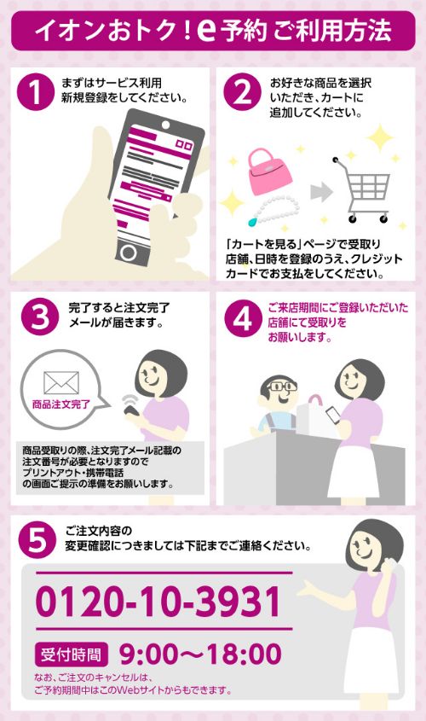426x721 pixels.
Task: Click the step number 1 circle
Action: [x=35, y=92]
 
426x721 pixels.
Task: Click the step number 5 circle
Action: [x=37, y=540]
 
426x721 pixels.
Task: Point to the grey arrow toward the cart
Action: [x=321, y=192]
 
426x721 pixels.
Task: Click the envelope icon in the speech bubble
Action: [x=61, y=383]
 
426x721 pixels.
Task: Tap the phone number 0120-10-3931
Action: [x=158, y=602]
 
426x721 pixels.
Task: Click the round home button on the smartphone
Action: [x=129, y=253]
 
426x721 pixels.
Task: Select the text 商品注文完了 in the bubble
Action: [x=61, y=404]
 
